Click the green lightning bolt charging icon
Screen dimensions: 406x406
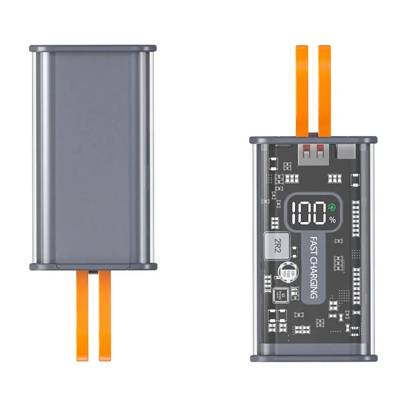click(332, 207)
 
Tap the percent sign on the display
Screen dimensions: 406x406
click(332, 220)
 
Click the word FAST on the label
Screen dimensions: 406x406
click(314, 248)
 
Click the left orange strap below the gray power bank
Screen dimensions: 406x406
click(82, 315)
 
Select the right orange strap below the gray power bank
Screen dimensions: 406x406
click(105, 315)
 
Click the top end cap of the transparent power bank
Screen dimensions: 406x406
click(313, 139)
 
